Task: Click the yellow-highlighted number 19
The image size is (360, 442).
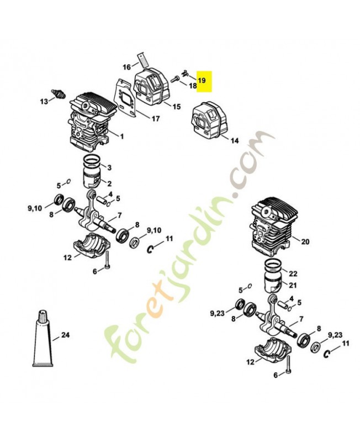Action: click(202, 81)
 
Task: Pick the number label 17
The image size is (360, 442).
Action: click(155, 118)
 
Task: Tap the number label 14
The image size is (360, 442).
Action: click(235, 141)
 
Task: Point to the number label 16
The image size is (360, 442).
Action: click(126, 67)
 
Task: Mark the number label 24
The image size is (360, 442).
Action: click(66, 334)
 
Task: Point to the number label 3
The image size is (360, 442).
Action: click(109, 167)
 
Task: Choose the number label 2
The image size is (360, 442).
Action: click(109, 183)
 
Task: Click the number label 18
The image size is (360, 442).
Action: click(193, 86)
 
